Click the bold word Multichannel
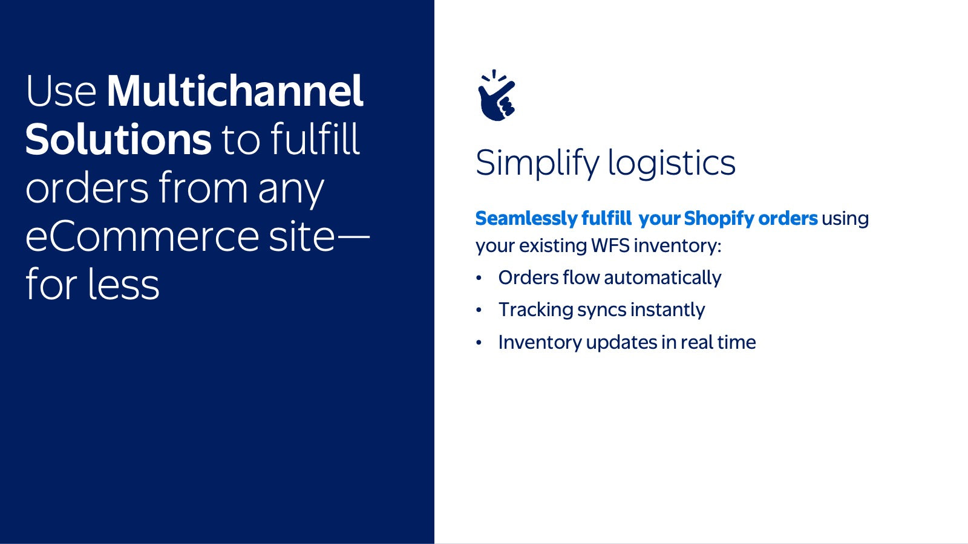coord(235,91)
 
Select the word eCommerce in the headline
coord(142,236)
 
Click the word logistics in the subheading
coord(672,163)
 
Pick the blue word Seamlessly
coord(526,218)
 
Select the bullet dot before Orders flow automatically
coord(479,277)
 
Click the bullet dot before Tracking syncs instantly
coord(479,310)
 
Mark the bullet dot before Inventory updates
coord(479,342)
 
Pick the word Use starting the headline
coord(61,91)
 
